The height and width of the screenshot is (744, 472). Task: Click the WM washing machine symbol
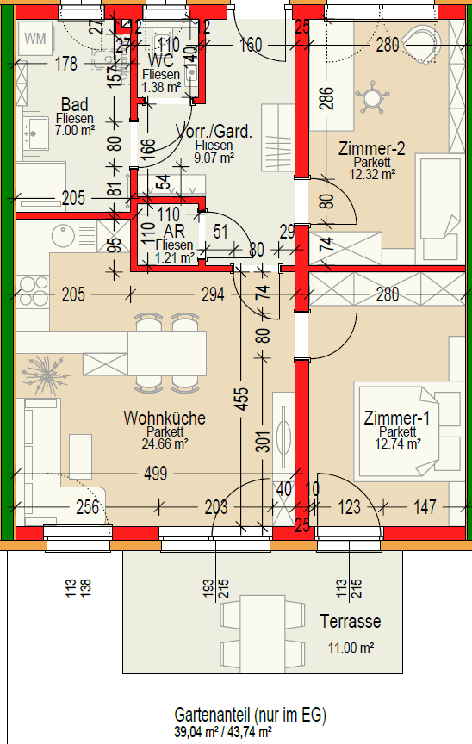tap(35, 39)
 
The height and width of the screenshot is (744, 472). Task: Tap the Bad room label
tap(74, 104)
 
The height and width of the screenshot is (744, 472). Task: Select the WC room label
tap(161, 61)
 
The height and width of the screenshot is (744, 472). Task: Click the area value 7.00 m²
tap(74, 130)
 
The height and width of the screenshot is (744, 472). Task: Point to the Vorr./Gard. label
tap(214, 132)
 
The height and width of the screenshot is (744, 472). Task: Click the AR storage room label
tap(174, 232)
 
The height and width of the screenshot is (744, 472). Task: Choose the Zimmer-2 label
tap(372, 148)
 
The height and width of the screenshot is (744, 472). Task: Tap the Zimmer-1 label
tap(397, 418)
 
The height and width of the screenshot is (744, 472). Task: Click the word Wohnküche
tap(165, 418)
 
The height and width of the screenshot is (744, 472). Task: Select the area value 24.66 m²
tap(165, 444)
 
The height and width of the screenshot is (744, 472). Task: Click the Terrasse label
tap(351, 621)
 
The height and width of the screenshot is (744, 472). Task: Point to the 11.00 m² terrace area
tap(351, 648)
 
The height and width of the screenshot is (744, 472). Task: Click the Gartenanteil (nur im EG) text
tap(251, 715)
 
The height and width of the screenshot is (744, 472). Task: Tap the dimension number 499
tap(156, 474)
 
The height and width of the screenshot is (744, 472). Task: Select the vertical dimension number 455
tap(241, 399)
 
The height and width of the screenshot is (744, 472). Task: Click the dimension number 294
tap(213, 294)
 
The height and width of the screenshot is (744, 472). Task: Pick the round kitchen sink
tap(63, 236)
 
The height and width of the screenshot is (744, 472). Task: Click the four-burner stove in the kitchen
tap(32, 291)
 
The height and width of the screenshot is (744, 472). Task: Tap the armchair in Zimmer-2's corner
tap(420, 44)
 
